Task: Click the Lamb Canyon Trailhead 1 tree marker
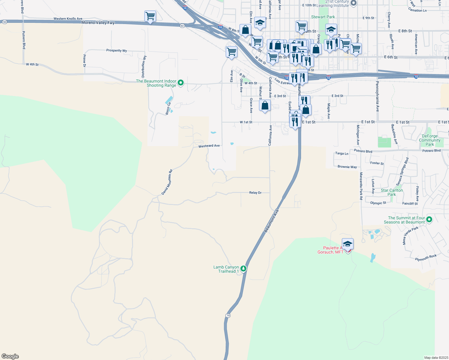pos(243,269)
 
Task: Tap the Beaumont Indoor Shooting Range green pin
pos(181,82)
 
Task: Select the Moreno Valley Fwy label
pos(98,22)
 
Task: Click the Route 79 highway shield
pos(228,316)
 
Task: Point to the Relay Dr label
pos(255,193)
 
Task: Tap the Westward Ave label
pos(209,146)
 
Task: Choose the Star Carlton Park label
pos(392,192)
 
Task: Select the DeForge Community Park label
pos(430,140)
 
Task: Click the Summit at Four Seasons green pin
pos(429,220)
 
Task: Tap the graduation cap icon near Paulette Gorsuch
pos(348,244)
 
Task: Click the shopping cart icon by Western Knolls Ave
pos(150,16)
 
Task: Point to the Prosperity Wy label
pos(116,50)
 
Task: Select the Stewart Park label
pos(323,17)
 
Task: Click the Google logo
pos(10,356)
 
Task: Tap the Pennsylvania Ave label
pos(378,96)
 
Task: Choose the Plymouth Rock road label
pos(426,258)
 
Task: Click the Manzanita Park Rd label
pos(361,186)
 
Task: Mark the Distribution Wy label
pos(144,66)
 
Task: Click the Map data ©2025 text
pos(436,358)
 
